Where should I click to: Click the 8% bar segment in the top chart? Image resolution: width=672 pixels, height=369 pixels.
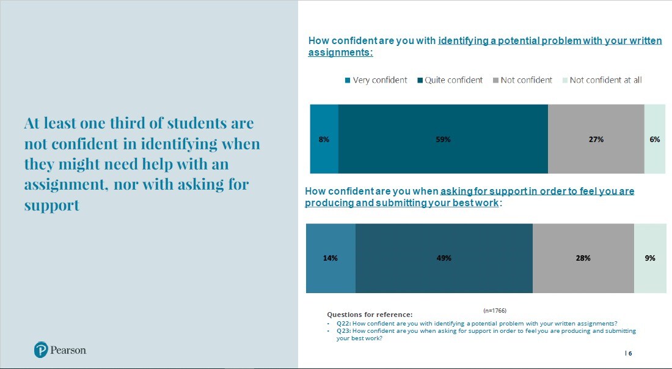click(x=324, y=139)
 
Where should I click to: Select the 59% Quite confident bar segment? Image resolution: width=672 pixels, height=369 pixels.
click(x=443, y=139)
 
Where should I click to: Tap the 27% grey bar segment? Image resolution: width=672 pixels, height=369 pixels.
click(x=596, y=139)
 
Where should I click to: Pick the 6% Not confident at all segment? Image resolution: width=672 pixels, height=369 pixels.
click(x=654, y=139)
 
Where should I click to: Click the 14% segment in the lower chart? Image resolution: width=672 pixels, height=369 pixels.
click(x=331, y=258)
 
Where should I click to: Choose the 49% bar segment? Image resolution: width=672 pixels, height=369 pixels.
click(x=444, y=258)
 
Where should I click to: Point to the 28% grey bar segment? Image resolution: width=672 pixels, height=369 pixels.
click(x=583, y=258)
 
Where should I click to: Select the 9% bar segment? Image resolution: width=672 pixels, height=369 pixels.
click(x=649, y=258)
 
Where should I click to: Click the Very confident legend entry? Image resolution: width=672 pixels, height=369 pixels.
click(x=376, y=80)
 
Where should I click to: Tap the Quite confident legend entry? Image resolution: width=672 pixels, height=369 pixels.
click(x=450, y=80)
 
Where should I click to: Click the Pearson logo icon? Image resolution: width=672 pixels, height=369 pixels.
click(x=41, y=350)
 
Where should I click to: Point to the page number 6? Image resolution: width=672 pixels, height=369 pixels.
click(x=630, y=354)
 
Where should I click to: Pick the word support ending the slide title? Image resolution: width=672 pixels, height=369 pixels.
click(x=52, y=205)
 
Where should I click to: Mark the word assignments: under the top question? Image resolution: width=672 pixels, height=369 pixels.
click(x=340, y=53)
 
